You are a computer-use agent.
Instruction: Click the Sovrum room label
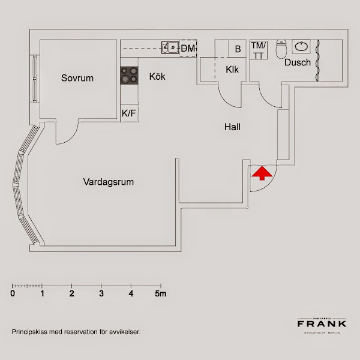point(77,78)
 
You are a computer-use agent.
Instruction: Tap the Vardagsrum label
point(108,182)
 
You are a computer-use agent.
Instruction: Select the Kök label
point(157,77)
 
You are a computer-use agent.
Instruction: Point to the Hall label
point(233,127)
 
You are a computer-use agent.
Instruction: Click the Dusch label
point(298,62)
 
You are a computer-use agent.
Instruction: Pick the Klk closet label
point(232,70)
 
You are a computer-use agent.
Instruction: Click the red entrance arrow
point(260,174)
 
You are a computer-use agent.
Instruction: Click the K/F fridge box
point(129,113)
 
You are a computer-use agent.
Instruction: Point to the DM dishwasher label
point(188,48)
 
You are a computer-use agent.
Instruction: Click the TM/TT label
point(258,50)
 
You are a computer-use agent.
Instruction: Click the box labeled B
point(238,49)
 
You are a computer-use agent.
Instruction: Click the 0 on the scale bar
point(13,294)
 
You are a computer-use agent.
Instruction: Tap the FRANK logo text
point(322,324)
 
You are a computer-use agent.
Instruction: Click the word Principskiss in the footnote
point(29,331)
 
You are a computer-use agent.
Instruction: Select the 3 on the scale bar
point(101,294)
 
